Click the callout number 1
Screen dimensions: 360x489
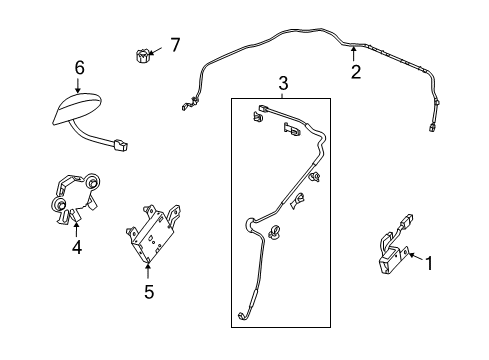pyautogui.click(x=428, y=264)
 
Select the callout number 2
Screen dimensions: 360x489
pyautogui.click(x=354, y=72)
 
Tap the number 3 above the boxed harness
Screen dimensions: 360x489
pyautogui.click(x=282, y=85)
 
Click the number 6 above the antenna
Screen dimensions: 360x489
pyautogui.click(x=79, y=67)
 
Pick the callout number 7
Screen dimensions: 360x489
pyautogui.click(x=174, y=45)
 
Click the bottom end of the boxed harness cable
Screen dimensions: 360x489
pyautogui.click(x=242, y=319)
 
